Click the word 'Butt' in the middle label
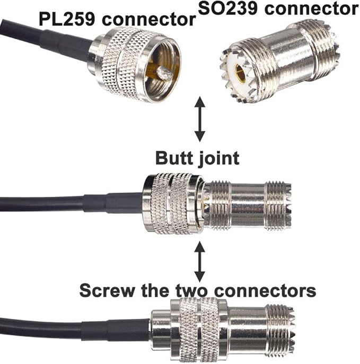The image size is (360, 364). (175, 158)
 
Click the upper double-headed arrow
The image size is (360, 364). (199, 119)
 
